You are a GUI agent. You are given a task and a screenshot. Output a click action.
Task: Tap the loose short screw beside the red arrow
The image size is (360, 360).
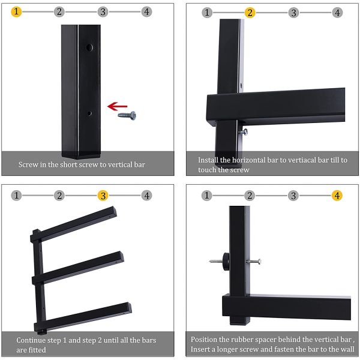[127, 115]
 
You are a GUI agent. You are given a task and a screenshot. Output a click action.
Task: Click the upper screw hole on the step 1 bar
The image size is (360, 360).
[89, 47]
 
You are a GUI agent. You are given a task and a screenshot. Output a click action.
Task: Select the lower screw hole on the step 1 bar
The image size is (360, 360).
[89, 112]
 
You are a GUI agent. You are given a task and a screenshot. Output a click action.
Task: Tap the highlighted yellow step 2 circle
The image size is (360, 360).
[250, 13]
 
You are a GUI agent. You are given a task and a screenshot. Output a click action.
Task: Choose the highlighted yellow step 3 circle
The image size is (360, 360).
[103, 196]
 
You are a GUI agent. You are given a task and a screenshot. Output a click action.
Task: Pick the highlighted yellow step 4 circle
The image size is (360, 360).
[337, 196]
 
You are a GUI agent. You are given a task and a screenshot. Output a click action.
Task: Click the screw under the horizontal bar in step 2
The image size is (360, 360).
[243, 130]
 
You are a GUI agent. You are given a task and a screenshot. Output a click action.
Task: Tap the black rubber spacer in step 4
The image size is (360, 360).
[226, 260]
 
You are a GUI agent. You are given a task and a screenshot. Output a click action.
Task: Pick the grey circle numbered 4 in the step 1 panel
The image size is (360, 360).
[146, 12]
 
